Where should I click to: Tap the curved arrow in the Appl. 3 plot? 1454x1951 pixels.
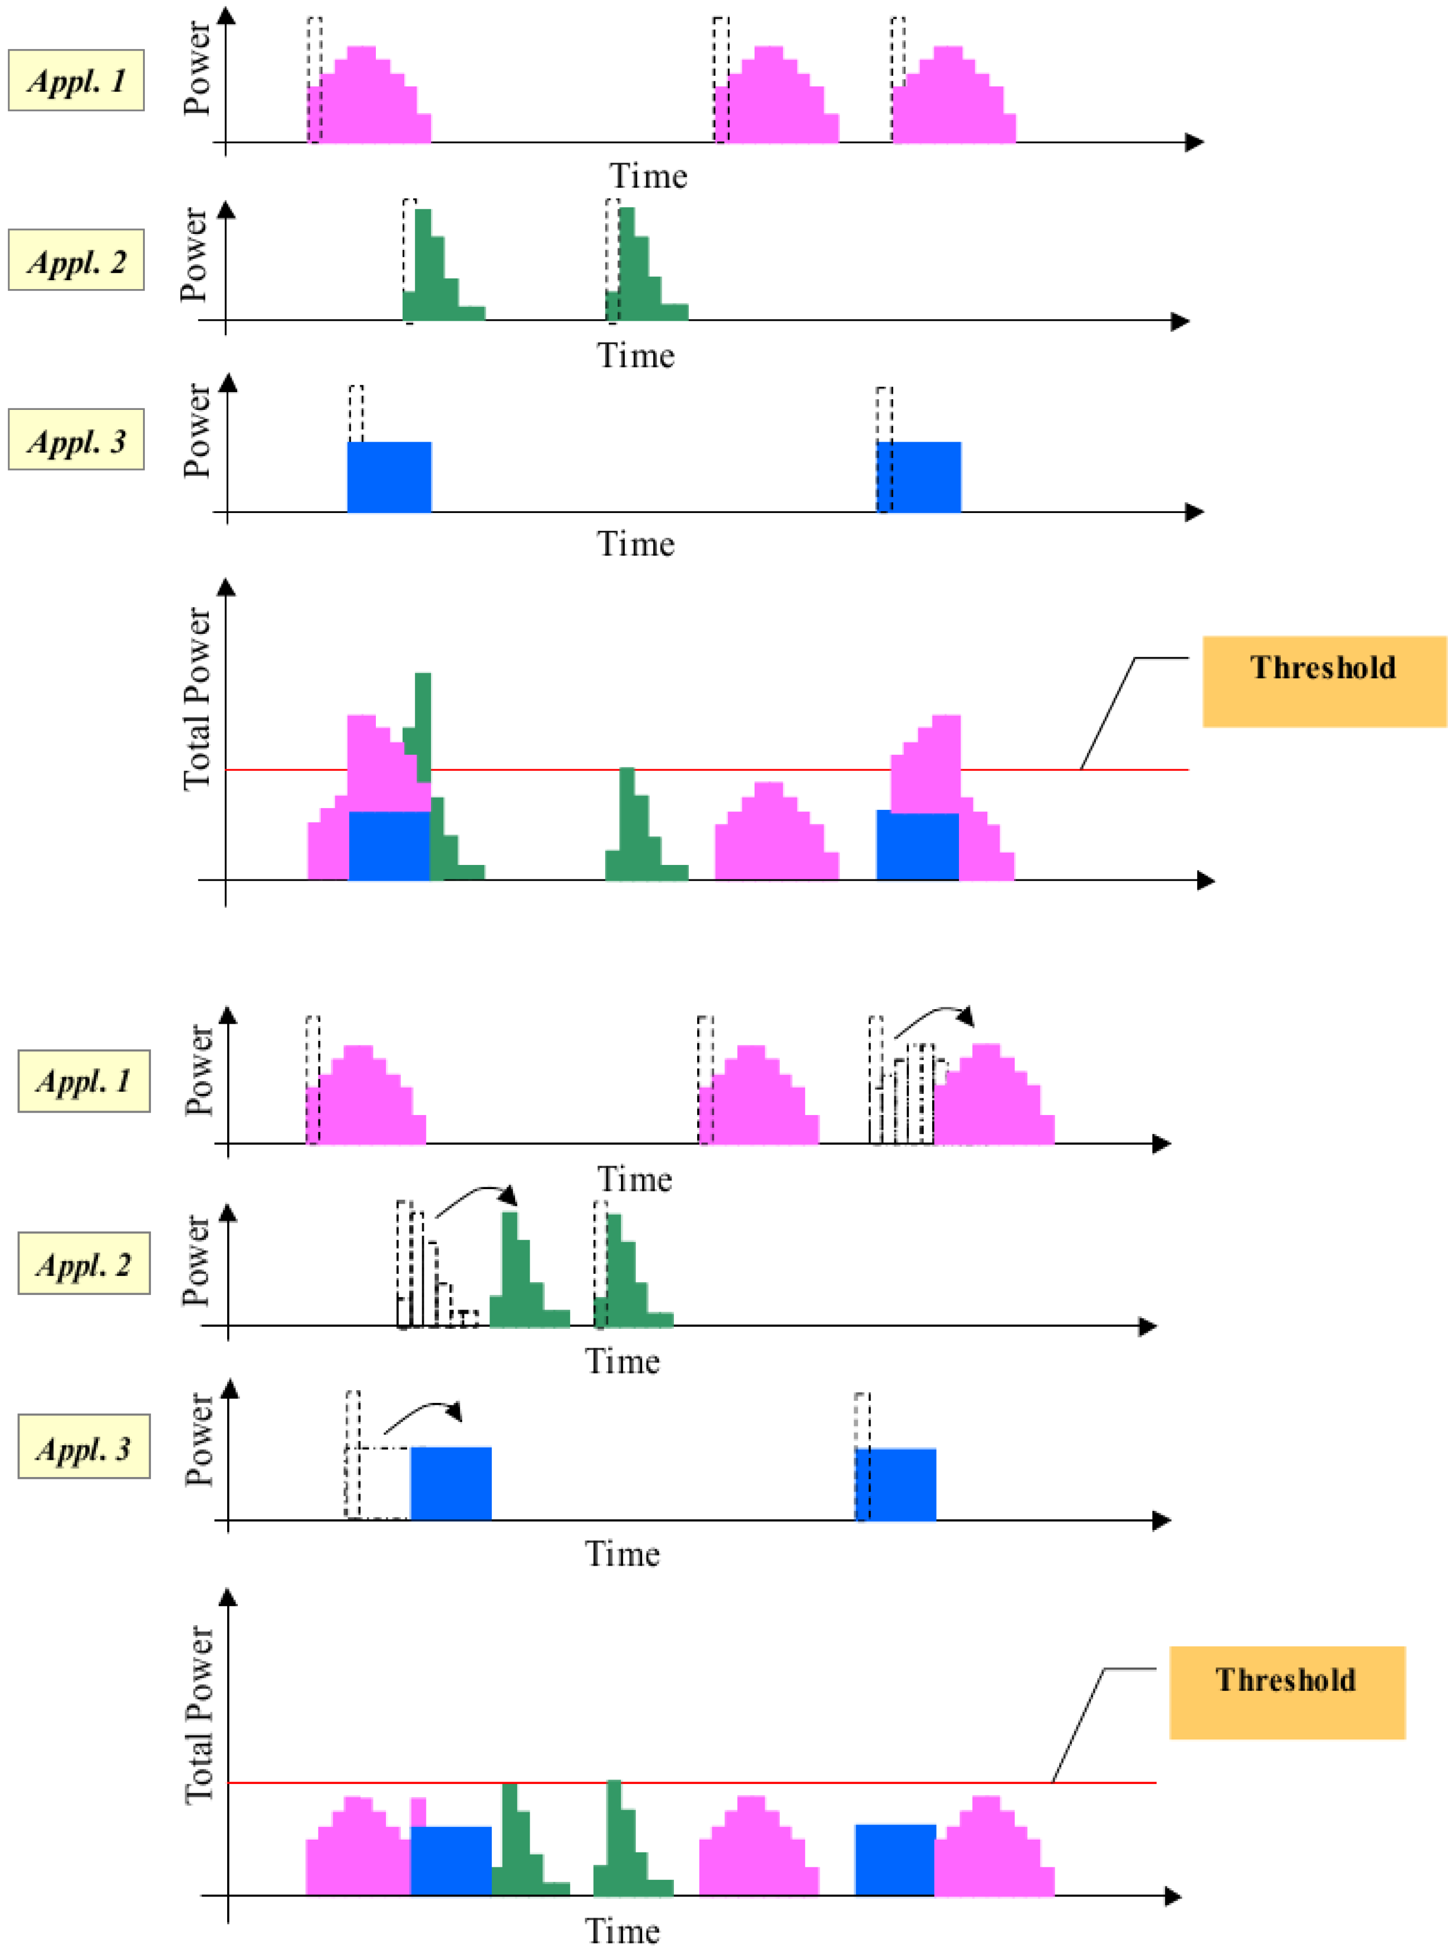(x=423, y=1411)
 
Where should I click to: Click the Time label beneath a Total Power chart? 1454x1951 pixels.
(x=622, y=1931)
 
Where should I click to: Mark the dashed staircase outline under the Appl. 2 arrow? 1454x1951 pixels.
(x=435, y=1276)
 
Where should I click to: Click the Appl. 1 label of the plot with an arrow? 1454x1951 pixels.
(x=84, y=1080)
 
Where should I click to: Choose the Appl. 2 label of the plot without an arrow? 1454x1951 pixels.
(x=77, y=261)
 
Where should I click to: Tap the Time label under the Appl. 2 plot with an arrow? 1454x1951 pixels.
(x=622, y=1361)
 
